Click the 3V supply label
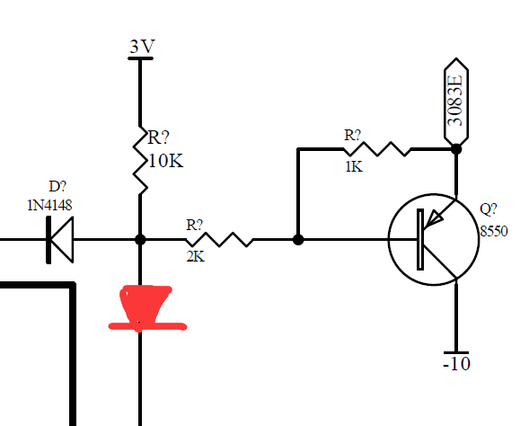point(142,46)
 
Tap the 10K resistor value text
point(165,161)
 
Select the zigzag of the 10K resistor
point(140,160)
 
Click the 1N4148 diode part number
point(49,205)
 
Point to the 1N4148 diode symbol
point(59,240)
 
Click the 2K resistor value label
point(195,257)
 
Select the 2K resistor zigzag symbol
point(219,239)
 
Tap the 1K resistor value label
point(354,167)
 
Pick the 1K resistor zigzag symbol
point(377,149)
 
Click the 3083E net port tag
point(456,102)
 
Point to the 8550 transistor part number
point(494,232)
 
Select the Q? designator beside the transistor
point(489,209)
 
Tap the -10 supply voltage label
point(456,364)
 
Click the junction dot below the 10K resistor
point(140,240)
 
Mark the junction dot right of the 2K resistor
point(298,240)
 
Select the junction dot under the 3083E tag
point(456,149)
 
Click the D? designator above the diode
point(57,186)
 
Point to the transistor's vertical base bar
point(420,240)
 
